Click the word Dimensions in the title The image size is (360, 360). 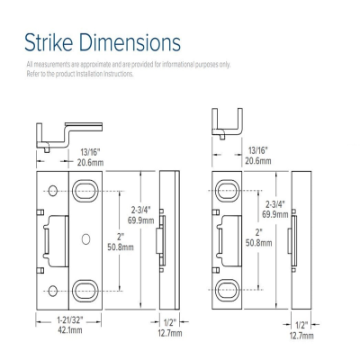[x=132, y=41]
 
